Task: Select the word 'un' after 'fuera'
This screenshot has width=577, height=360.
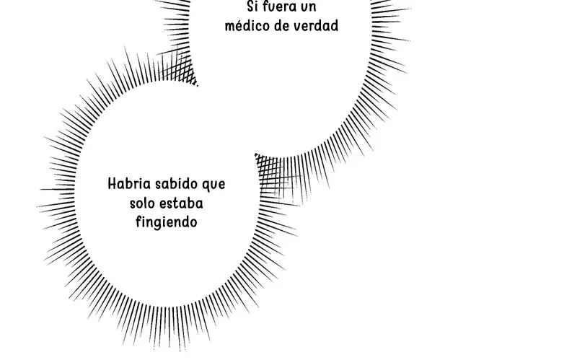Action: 309,7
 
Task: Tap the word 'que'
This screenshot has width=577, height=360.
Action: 213,185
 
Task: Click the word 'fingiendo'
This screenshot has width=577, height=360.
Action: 167,222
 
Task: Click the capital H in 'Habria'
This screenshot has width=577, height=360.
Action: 113,183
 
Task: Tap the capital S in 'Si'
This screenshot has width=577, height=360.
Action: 250,6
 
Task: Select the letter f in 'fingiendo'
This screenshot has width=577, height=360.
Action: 138,221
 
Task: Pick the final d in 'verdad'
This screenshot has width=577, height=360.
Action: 334,25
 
